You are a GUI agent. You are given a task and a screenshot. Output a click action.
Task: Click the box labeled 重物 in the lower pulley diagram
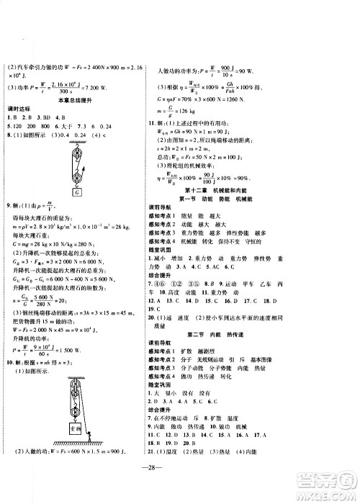[x=76, y=426]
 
